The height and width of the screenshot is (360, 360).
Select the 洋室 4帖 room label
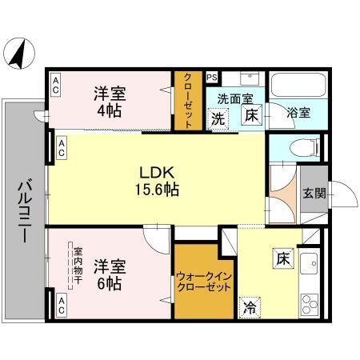pyautogui.click(x=111, y=101)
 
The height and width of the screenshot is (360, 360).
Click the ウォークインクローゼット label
pyautogui.click(x=203, y=282)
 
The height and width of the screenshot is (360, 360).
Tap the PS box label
pyautogui.click(x=212, y=78)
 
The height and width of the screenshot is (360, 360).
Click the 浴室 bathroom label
pyautogui.click(x=297, y=114)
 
